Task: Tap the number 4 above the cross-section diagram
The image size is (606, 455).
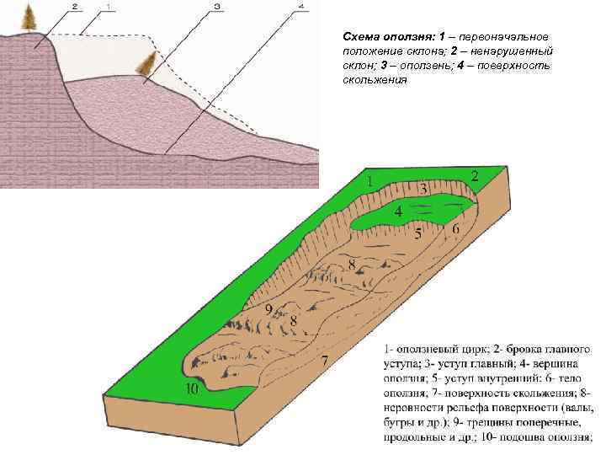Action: point(300,8)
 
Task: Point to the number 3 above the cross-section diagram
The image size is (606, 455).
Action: point(217,8)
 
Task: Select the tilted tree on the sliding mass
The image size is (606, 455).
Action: point(149,62)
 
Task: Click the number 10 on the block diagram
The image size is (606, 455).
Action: point(193,388)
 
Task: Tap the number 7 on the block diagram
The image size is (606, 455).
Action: point(324,361)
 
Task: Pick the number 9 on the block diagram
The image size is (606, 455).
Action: point(270,309)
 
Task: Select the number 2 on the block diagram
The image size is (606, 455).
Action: point(476,176)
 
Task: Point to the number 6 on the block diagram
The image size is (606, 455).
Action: point(455,228)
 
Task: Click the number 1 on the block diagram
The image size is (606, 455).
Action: point(370,181)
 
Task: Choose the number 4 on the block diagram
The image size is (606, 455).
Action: point(397,211)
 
